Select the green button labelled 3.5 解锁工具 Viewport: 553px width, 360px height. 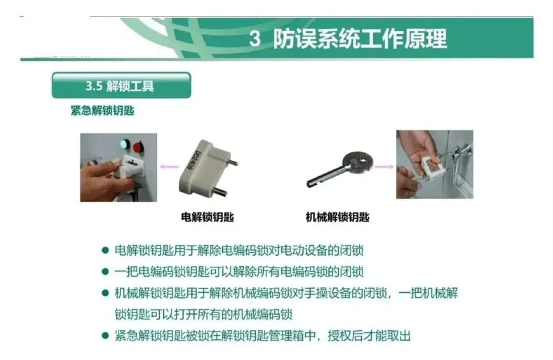[121, 86]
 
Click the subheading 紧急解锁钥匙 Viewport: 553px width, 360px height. [102, 111]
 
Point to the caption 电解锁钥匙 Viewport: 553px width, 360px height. [207, 217]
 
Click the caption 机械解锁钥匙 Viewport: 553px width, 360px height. [337, 217]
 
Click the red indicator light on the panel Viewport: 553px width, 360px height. [138, 146]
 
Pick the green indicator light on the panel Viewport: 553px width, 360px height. [123, 144]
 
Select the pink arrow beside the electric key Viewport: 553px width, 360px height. [169, 166]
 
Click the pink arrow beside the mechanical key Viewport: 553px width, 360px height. [384, 166]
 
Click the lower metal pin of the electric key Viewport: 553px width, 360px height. [220, 192]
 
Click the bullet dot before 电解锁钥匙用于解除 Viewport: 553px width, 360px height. [105, 250]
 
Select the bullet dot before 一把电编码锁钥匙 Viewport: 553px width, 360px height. [105, 271]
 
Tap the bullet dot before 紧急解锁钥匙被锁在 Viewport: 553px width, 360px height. [105, 335]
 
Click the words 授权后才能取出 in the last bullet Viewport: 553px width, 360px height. [369, 335]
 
